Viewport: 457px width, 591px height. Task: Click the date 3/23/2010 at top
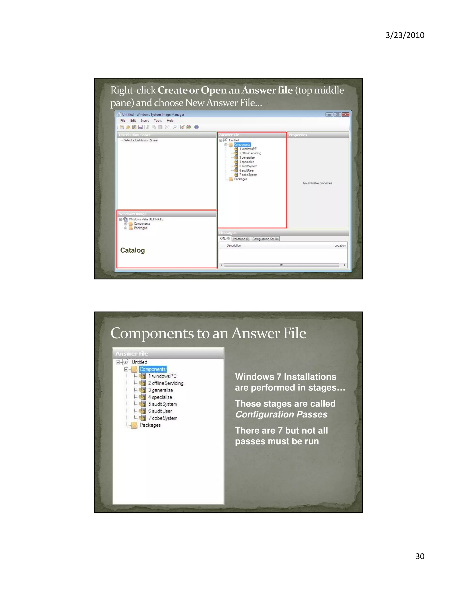(x=405, y=35)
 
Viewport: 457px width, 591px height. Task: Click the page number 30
(x=420, y=556)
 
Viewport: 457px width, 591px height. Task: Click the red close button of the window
(x=345, y=114)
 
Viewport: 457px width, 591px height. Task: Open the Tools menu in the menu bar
(x=158, y=121)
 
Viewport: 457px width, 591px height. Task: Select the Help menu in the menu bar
(x=170, y=121)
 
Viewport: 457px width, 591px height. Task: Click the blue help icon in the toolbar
(x=197, y=127)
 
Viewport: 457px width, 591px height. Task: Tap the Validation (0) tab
(x=241, y=239)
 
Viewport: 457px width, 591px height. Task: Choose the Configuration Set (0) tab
(x=265, y=239)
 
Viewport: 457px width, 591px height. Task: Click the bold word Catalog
(x=132, y=250)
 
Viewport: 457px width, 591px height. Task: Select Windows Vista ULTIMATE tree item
(x=146, y=219)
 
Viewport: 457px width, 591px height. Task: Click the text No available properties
(x=317, y=183)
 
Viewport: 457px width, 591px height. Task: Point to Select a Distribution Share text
(x=141, y=140)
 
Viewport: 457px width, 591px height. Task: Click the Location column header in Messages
(x=340, y=246)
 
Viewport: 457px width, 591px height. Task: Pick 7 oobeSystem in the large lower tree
(x=163, y=418)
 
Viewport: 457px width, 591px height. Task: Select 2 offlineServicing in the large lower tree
(x=166, y=383)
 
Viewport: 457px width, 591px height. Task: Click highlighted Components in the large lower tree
(x=153, y=369)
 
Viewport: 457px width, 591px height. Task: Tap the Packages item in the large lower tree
(x=150, y=425)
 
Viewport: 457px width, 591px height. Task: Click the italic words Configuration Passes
(x=281, y=414)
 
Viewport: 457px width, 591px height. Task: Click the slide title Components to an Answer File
(x=208, y=333)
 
